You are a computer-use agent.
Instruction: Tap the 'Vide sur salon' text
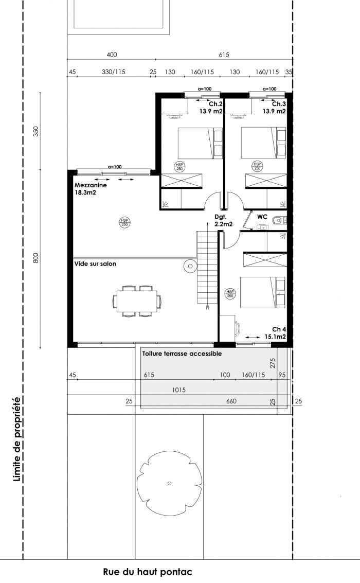(x=95, y=264)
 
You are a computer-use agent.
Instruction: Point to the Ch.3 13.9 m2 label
(x=274, y=107)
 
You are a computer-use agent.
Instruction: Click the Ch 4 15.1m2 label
(x=275, y=333)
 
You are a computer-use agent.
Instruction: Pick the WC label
(x=262, y=217)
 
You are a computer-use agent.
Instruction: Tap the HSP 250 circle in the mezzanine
(x=124, y=222)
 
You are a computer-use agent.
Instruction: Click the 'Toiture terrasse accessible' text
(x=182, y=354)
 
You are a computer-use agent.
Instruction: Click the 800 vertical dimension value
(x=36, y=257)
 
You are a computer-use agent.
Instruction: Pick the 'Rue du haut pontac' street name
(x=148, y=572)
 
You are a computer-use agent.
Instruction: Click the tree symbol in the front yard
(x=169, y=483)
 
